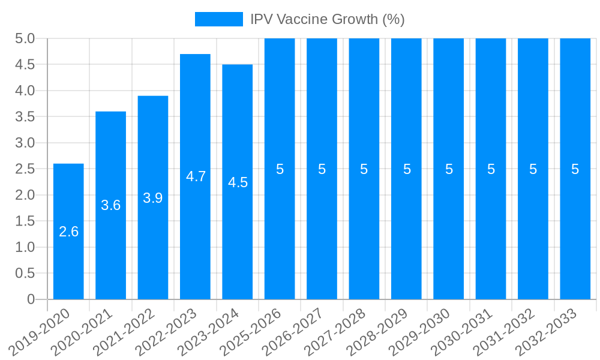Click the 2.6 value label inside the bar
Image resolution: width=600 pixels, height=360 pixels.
(68, 232)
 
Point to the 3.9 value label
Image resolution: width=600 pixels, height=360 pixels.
(153, 198)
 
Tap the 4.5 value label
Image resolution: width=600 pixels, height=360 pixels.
(238, 182)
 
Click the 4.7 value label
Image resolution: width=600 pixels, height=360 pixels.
(196, 176)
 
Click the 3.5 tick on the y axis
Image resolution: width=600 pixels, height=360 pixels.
(25, 116)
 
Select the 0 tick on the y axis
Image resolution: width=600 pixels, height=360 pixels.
(31, 299)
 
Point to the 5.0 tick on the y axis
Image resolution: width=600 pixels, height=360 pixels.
(25, 39)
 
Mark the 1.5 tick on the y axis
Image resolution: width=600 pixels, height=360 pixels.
(25, 221)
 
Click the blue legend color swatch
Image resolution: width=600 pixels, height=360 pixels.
(218, 19)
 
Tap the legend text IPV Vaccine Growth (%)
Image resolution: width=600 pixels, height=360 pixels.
(328, 19)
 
